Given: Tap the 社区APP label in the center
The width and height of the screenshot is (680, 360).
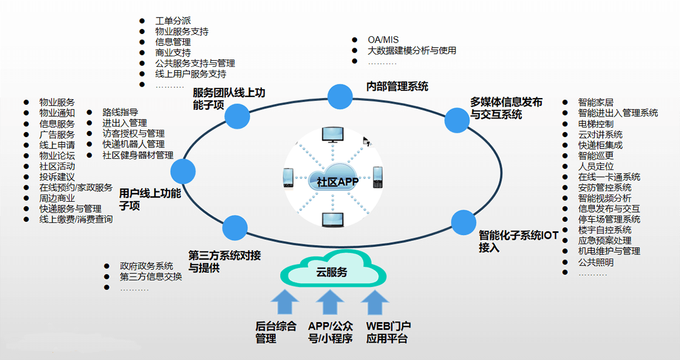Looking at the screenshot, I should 334,181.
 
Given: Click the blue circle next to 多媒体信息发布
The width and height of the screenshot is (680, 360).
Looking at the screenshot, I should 457,120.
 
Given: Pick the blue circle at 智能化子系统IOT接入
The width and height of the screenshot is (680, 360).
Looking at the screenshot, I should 463,221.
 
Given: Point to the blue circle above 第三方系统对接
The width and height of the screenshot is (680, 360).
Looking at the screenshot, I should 235,228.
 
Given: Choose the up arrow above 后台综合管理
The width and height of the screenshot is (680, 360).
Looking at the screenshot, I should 284,303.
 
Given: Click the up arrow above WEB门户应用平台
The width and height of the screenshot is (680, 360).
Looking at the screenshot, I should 375,303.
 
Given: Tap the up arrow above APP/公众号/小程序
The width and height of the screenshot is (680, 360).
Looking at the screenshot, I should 330,303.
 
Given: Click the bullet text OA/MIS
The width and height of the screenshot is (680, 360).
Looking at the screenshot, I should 383,40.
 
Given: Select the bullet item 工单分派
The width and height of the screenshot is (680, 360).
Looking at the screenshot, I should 172,21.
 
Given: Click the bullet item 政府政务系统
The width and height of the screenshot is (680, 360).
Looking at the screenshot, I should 146,266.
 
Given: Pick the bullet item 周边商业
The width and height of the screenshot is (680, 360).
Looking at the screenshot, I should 57,198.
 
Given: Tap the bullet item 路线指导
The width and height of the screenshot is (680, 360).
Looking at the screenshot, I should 120,112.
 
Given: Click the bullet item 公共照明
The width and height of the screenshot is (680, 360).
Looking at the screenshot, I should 596,262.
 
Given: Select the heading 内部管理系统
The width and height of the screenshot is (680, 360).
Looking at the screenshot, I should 397,87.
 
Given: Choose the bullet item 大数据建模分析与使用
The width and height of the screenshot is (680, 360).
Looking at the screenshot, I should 412,50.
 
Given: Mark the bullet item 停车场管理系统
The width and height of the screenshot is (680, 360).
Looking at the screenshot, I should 609,219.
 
